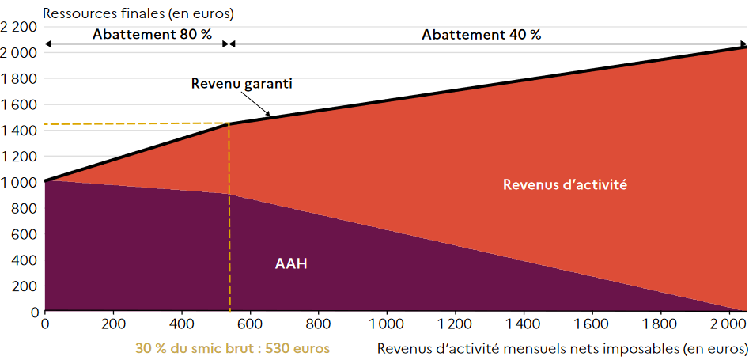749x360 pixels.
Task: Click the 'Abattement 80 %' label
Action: (x=142, y=35)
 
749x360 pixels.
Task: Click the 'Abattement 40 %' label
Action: (x=481, y=35)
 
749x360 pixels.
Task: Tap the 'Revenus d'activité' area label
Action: (x=565, y=184)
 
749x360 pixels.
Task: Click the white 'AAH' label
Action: (x=291, y=263)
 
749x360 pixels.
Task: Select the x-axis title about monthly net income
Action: (x=562, y=348)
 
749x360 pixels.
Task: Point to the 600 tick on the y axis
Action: (x=26, y=234)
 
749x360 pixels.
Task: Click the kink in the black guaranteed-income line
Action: (x=229, y=123)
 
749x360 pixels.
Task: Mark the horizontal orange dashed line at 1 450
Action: (x=134, y=124)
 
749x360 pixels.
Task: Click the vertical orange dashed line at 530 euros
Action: (x=229, y=237)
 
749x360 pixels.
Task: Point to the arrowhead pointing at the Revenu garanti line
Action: (x=268, y=115)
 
